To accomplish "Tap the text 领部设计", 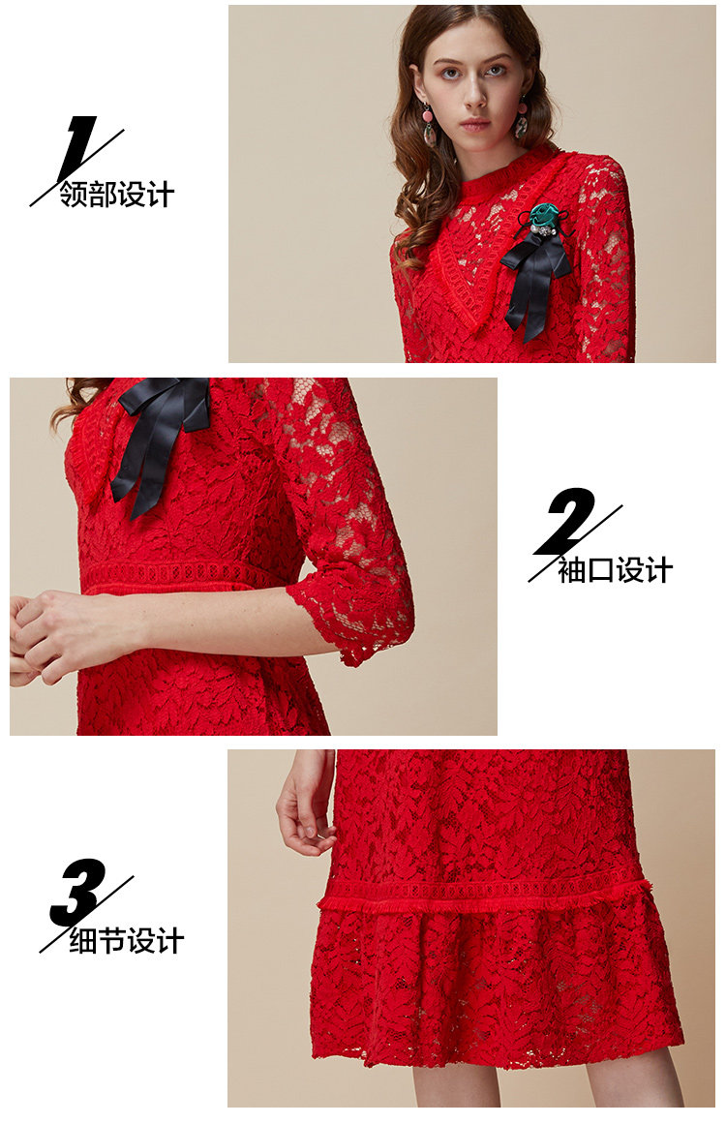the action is [x=116, y=195].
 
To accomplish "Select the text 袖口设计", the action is [x=615, y=570].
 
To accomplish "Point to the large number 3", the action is [x=78, y=892].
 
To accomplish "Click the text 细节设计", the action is [x=127, y=941].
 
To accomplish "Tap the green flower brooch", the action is [x=546, y=215].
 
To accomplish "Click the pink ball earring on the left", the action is [x=428, y=113].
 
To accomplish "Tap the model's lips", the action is [x=474, y=125].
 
